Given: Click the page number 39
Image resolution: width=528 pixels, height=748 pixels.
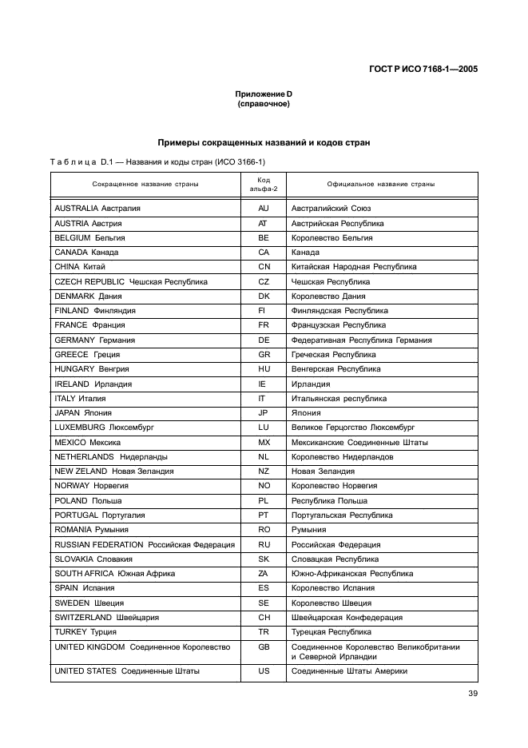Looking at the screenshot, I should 472,693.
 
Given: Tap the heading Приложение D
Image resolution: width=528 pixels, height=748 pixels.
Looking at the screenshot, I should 263,94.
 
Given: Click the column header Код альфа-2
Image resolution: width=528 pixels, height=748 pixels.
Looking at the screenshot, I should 263,184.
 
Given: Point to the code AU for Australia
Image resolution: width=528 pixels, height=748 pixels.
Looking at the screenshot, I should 263,209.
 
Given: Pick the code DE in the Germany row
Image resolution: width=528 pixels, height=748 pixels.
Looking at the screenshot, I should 263,340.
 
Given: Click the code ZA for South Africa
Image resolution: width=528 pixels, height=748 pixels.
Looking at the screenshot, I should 263,573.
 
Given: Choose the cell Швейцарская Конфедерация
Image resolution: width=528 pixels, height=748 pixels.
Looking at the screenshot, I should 347,617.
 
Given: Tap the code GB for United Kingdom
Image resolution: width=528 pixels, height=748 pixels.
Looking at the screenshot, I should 263,646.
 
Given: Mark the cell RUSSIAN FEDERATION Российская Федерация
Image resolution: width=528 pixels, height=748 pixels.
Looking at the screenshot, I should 145,544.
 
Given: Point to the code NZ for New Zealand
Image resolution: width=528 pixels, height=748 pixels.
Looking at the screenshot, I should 263,471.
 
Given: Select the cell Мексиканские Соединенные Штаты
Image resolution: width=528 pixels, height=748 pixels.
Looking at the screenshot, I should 359,442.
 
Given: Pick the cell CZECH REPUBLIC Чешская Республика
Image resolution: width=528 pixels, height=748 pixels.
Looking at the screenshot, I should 131,281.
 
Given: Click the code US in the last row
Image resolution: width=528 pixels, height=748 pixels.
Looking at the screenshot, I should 263,671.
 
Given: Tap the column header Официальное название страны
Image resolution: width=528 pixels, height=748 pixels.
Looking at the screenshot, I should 380,184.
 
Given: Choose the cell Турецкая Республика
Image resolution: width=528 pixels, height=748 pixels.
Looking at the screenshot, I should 331,631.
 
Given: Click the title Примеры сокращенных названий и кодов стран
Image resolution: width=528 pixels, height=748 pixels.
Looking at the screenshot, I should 263,142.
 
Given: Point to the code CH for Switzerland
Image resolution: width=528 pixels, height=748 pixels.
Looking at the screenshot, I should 263,617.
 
